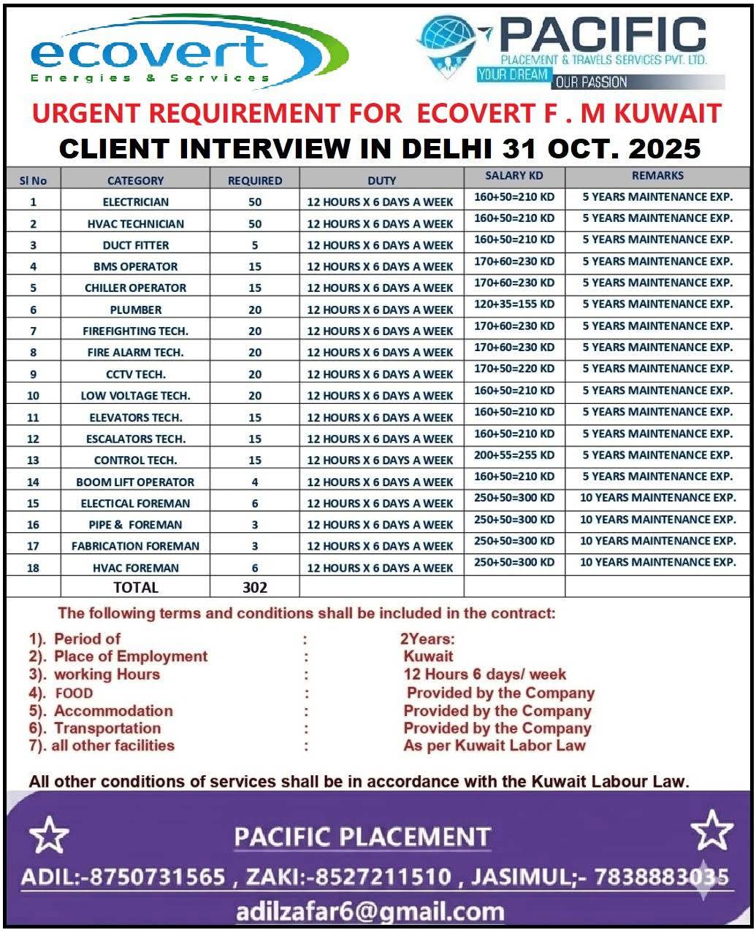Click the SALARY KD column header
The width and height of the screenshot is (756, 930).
pyautogui.click(x=514, y=176)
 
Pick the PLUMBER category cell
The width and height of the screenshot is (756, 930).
pyautogui.click(x=136, y=310)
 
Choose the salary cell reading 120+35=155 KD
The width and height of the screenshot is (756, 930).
pyautogui.click(x=514, y=304)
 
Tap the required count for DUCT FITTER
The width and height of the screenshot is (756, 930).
pyautogui.click(x=254, y=245)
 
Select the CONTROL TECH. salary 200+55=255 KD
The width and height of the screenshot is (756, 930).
pyautogui.click(x=514, y=455)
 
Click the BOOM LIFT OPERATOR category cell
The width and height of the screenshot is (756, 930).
pyautogui.click(x=136, y=482)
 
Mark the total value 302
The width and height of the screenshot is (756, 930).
pyautogui.click(x=254, y=588)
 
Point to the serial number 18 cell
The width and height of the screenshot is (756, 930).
pyautogui.click(x=33, y=567)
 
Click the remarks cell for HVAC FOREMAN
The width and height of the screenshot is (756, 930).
pyautogui.click(x=657, y=562)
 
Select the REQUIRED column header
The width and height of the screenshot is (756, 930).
pyautogui.click(x=254, y=180)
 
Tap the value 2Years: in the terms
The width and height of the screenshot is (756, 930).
pyautogui.click(x=427, y=639)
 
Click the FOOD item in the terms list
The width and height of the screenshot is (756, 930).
pyautogui.click(x=74, y=693)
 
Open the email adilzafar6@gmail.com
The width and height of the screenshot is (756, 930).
pyautogui.click(x=370, y=912)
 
